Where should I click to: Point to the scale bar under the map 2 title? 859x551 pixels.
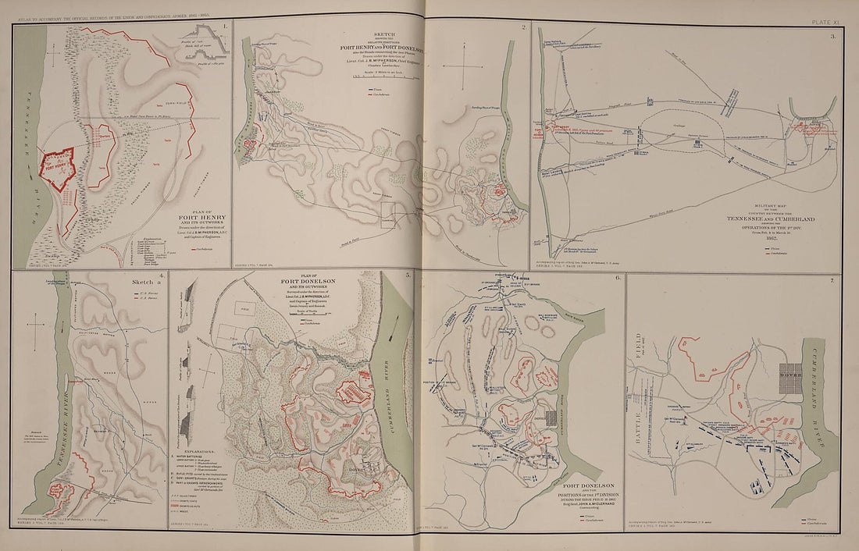[x=385, y=76]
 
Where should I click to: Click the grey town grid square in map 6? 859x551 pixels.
[x=552, y=418]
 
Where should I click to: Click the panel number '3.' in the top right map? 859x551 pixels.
[x=833, y=37]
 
